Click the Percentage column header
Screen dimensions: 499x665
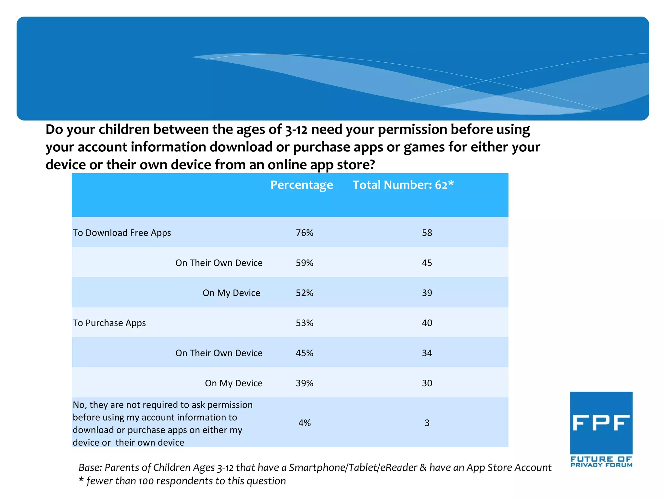[x=301, y=185]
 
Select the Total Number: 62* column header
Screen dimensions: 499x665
[x=403, y=185]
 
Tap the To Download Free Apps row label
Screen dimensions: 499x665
[x=122, y=233]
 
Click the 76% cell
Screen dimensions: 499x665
[x=304, y=233]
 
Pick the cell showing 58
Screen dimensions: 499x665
[x=427, y=233]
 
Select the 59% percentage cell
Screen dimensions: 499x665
[x=304, y=263]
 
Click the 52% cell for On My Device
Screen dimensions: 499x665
[x=304, y=293]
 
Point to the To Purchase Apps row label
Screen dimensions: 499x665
[x=109, y=323]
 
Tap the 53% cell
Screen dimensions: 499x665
[x=304, y=323]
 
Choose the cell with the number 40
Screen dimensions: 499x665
[x=427, y=323]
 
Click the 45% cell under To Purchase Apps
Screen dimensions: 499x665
[x=304, y=353]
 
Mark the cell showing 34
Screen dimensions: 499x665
[x=427, y=353]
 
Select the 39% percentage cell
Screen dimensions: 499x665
[x=304, y=383]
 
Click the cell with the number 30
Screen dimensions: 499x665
[x=427, y=383]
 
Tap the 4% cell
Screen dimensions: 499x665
[x=304, y=423]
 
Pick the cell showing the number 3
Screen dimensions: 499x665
[x=427, y=423]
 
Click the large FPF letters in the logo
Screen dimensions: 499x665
[x=601, y=423]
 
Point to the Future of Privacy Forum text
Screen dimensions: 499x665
[x=601, y=462]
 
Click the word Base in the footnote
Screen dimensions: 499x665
[x=90, y=467]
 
